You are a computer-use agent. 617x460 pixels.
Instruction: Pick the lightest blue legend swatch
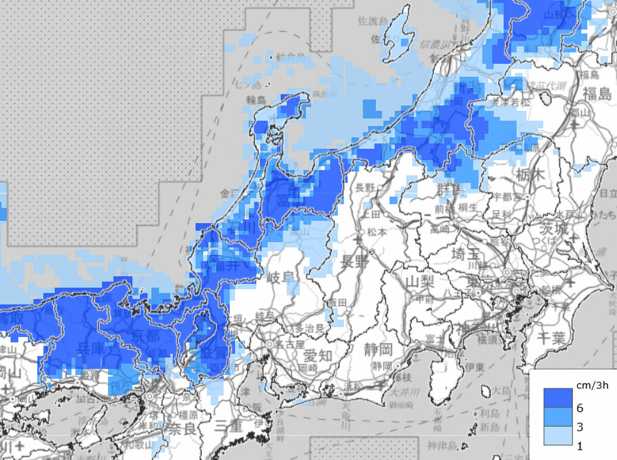click(558, 435)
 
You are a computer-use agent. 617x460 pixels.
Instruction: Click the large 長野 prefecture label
click(354, 262)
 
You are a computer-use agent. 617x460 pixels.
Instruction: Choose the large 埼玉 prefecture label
click(465, 254)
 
